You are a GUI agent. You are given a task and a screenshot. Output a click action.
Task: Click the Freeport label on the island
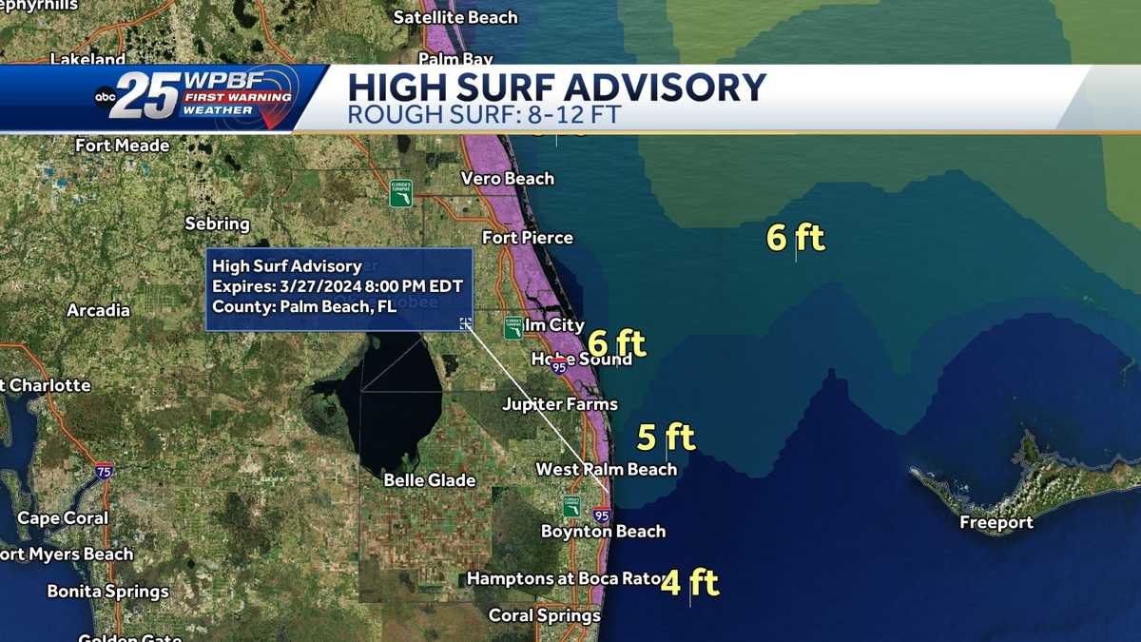pyautogui.click(x=996, y=522)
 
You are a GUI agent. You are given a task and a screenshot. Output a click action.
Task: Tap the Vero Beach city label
pyautogui.click(x=507, y=179)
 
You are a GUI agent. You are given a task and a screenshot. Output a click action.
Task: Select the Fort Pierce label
pyautogui.click(x=528, y=237)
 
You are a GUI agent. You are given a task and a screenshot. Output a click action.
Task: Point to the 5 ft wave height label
pyautogui.click(x=666, y=438)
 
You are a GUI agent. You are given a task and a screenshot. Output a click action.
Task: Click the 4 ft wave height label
pyautogui.click(x=689, y=582)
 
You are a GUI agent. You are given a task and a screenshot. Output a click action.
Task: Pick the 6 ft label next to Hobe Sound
pyautogui.click(x=616, y=342)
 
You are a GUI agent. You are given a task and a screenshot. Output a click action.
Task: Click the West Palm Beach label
pyautogui.click(x=606, y=469)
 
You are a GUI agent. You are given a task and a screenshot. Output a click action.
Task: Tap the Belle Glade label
pyautogui.click(x=429, y=480)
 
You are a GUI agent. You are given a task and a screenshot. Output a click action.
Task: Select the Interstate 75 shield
pyautogui.click(x=104, y=472)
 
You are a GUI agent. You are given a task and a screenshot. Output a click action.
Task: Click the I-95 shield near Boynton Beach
pyautogui.click(x=601, y=515)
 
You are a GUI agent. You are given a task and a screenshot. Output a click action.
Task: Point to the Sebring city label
pyautogui.click(x=217, y=224)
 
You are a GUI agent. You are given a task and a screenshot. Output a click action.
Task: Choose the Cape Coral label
pyautogui.click(x=63, y=518)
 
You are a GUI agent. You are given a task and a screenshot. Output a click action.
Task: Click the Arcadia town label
pyautogui.click(x=98, y=310)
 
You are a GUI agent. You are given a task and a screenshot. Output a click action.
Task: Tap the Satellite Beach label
pyautogui.click(x=455, y=17)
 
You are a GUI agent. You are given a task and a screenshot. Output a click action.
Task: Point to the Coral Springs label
pyautogui.click(x=544, y=615)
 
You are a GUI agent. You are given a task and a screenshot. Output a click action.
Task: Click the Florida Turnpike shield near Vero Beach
pyautogui.click(x=400, y=193)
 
